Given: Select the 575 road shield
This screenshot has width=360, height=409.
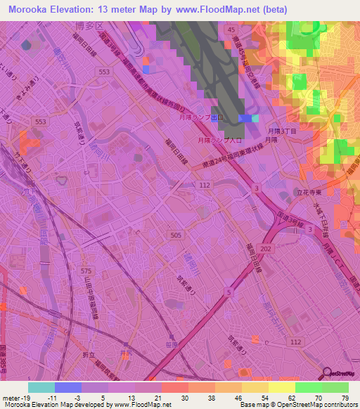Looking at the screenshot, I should click(86, 270).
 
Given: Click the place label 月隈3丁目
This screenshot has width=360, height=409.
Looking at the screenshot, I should click(283, 130).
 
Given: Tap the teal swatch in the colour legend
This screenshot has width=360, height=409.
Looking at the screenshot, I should click(41, 387).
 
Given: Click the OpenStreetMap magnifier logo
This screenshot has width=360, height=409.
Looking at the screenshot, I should click(326, 373).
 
